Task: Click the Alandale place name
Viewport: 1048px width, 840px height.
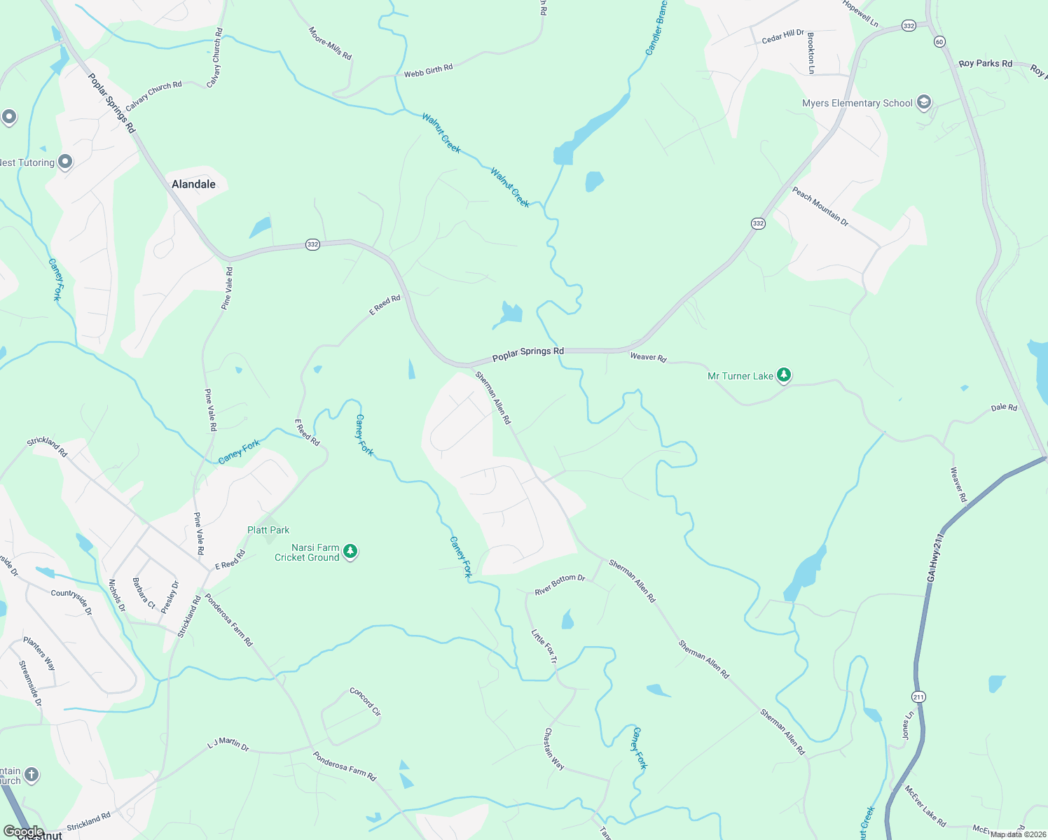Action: pyautogui.click(x=193, y=184)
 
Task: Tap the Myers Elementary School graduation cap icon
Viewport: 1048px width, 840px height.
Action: pyautogui.click(x=924, y=103)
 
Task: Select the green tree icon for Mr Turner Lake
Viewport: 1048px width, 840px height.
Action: pyautogui.click(x=784, y=376)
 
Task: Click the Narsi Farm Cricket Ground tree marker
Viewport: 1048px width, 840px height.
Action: pyautogui.click(x=351, y=552)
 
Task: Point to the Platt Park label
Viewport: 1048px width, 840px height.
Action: pyautogui.click(x=268, y=530)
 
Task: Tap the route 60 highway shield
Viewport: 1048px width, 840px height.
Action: pyautogui.click(x=939, y=42)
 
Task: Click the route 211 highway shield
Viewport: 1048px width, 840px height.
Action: pyautogui.click(x=918, y=696)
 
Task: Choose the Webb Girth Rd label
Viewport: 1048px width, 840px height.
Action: pyautogui.click(x=428, y=71)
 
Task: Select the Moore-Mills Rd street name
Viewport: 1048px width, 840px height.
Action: pyautogui.click(x=330, y=43)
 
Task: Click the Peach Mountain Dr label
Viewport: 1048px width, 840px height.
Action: pyautogui.click(x=820, y=206)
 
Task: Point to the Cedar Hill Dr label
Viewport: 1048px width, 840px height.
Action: pyautogui.click(x=783, y=36)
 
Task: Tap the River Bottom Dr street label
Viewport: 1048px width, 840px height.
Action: pyautogui.click(x=560, y=585)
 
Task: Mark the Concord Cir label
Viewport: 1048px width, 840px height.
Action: pyautogui.click(x=365, y=701)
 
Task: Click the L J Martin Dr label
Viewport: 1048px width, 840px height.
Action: pyautogui.click(x=228, y=743)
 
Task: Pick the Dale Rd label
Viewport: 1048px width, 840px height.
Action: pyautogui.click(x=1004, y=407)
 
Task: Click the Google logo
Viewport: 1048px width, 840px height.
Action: pyautogui.click(x=24, y=832)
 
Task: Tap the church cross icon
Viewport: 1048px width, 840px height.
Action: pyautogui.click(x=31, y=775)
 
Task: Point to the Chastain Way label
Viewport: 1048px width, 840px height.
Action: pyautogui.click(x=553, y=748)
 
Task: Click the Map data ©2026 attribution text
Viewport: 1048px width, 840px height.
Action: pyautogui.click(x=1018, y=834)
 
